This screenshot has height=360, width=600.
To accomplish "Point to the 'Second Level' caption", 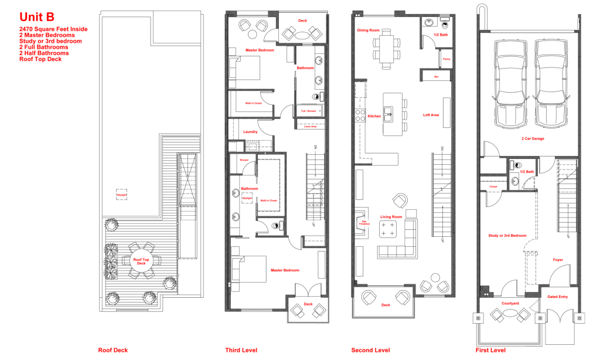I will pos(370,351).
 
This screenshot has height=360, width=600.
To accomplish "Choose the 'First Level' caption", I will pos(490,351).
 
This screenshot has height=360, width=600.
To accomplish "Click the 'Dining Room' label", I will pos(369,30).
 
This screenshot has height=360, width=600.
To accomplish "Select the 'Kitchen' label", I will pos(374,116).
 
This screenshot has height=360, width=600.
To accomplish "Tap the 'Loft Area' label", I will pos(431,115).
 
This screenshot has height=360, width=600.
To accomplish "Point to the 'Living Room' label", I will pos(391,217).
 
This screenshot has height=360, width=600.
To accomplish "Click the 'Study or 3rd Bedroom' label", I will pos(507,236).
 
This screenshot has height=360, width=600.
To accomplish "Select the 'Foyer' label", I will pos(558,259).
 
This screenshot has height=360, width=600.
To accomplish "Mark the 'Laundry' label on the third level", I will pos(250,132).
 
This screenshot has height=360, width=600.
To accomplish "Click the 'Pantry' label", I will pos(446,59).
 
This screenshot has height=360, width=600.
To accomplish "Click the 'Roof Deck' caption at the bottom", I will pos(112,351).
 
